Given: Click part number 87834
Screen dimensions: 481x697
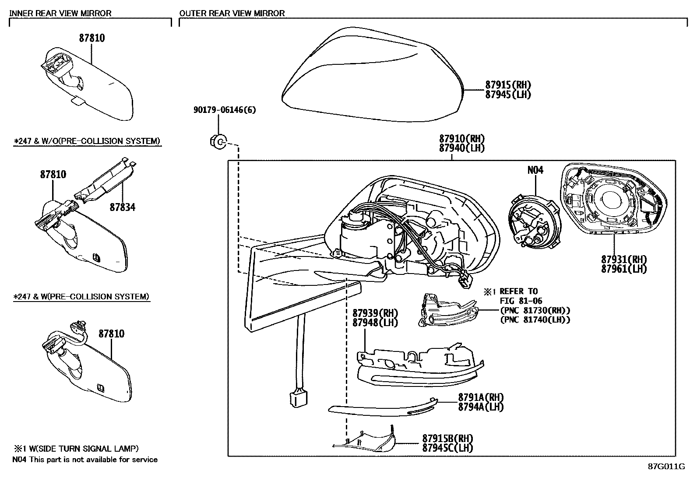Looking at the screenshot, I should tap(123, 207).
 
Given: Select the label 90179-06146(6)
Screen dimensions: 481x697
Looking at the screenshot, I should tap(225, 110).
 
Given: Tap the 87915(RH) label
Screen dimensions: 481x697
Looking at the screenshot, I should tap(508, 85).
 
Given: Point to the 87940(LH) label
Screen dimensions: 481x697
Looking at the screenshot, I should tap(462, 148).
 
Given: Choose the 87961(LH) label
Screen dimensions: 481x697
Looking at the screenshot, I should tap(624, 269).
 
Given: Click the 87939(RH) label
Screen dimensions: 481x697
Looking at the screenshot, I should tap(375, 313).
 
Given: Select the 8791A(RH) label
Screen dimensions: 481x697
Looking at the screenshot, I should tap(481, 397).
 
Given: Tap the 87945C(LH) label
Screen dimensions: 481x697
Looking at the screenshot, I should tap(447, 447).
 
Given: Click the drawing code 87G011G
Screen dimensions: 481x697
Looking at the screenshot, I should tap(666, 466).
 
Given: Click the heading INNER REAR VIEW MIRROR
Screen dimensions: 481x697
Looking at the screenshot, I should tap(60, 13).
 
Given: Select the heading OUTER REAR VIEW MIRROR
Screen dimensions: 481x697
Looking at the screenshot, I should tap(232, 13).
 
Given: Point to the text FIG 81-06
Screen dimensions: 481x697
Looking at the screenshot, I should tap(521, 301).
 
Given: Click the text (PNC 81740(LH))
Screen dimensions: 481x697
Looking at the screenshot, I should tap(535, 319).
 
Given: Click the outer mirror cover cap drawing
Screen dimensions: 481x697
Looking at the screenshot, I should tap(372, 79).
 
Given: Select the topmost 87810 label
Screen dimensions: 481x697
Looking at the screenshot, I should tap(92, 38).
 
